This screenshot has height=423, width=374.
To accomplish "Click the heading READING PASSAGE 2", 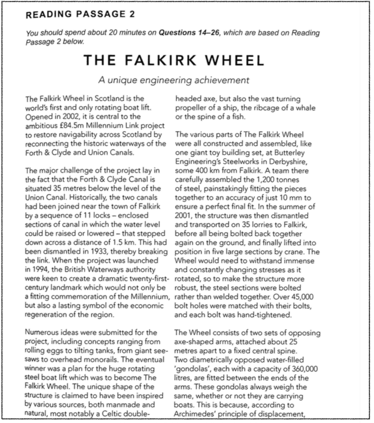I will (x=80, y=15).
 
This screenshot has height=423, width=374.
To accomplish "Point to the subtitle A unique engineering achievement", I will (x=174, y=80).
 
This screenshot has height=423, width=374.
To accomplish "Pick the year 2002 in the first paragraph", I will (x=65, y=117).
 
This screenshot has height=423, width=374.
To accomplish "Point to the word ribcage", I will (x=263, y=108).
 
